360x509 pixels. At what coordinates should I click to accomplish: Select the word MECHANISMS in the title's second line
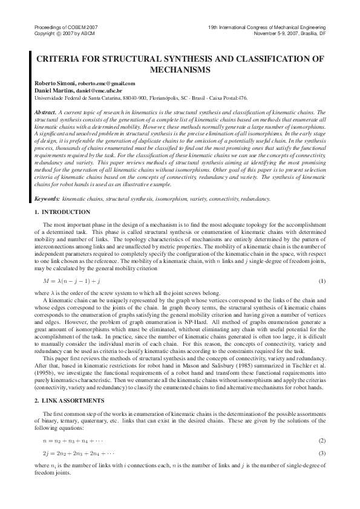click(x=180, y=70)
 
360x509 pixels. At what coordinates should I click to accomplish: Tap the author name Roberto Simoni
click(x=51, y=83)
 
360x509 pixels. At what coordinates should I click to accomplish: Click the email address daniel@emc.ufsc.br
click(x=105, y=90)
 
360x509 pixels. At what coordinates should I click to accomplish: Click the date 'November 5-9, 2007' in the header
click(x=278, y=33)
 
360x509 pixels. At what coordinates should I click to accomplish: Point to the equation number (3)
click(x=322, y=453)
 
